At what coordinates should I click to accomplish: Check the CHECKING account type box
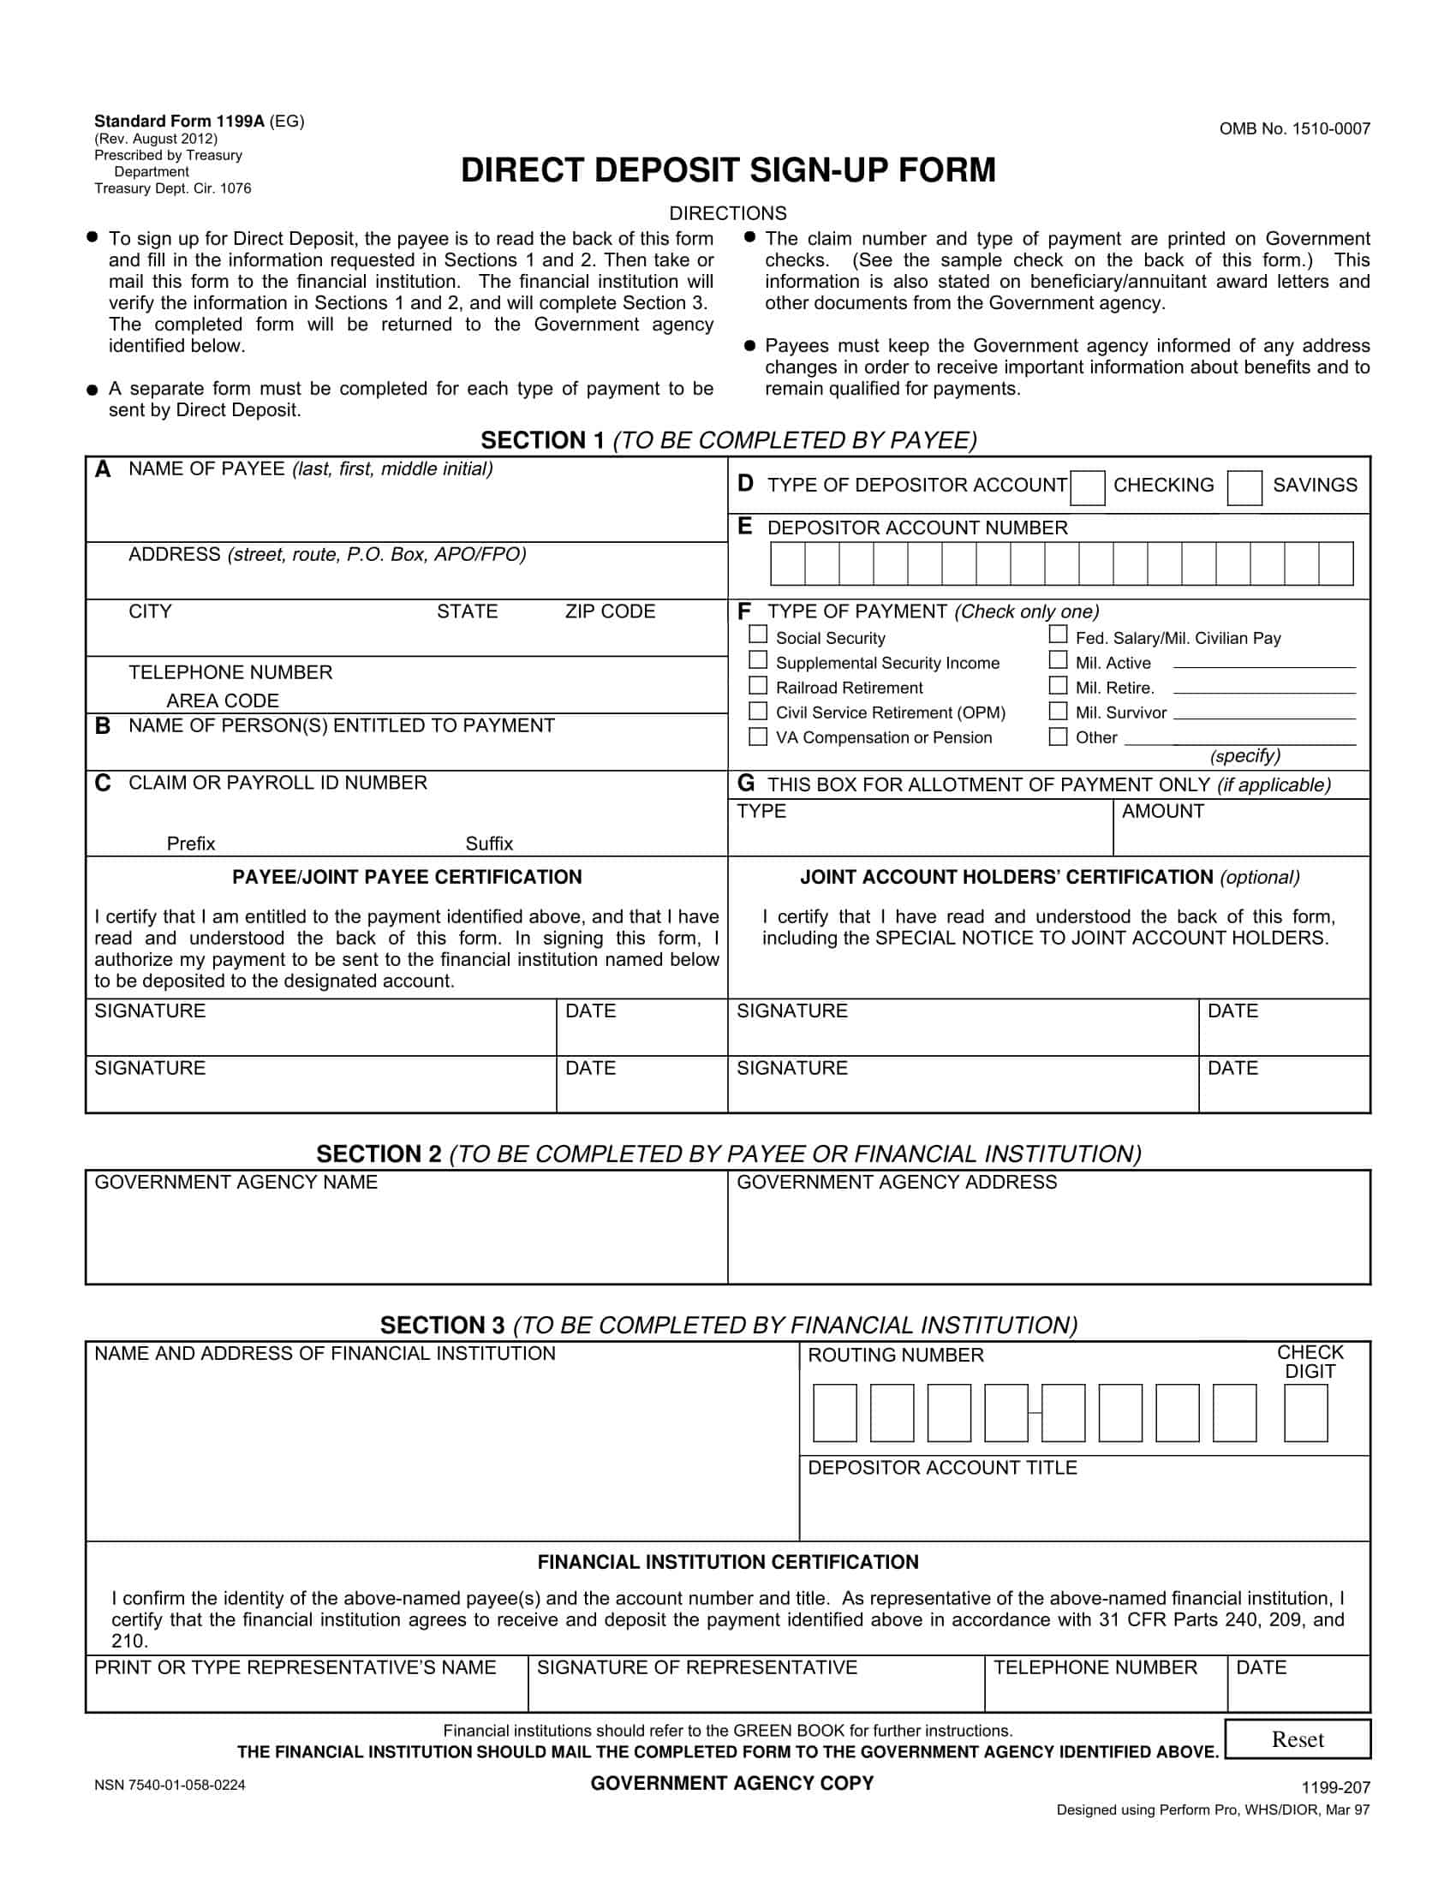tap(1087, 488)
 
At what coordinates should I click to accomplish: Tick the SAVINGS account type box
tap(1244, 488)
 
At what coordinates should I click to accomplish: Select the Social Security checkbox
tap(757, 634)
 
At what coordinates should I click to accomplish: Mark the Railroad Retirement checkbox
tap(757, 685)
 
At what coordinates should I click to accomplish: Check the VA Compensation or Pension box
tap(757, 736)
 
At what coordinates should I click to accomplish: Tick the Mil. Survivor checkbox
tap(1058, 711)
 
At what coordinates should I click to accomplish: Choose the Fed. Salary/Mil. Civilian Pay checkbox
tap(1058, 634)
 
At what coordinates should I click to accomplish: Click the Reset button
tap(1297, 1739)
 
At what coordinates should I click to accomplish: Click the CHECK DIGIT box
tap(1304, 1413)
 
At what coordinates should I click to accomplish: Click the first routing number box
tap(834, 1413)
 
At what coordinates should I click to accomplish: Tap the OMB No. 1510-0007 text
tap(1294, 129)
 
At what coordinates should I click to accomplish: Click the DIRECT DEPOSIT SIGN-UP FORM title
tap(728, 170)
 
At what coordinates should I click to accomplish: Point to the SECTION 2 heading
tap(728, 1154)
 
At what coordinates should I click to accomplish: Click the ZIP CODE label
tap(610, 611)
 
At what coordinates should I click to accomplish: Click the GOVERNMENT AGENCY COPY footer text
tap(731, 1783)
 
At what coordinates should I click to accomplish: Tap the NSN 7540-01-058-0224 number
tap(170, 1785)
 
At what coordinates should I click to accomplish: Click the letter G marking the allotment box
tap(745, 784)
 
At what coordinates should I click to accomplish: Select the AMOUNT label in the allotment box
tap(1162, 811)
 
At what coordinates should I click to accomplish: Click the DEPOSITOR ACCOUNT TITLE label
tap(942, 1467)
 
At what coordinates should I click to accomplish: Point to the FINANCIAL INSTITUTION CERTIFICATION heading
tap(728, 1561)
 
